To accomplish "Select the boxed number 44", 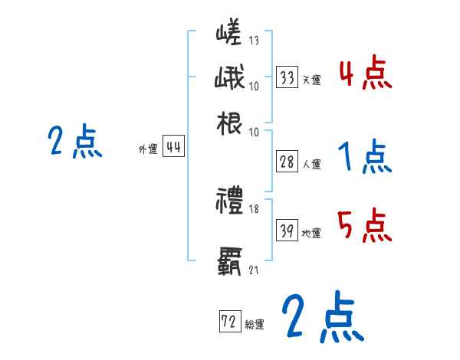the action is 174,149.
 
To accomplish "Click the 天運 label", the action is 311,79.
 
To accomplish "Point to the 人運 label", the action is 311,164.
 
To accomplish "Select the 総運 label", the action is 254,324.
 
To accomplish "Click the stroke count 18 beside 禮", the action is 255,208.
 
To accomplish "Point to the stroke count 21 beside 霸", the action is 254,269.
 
